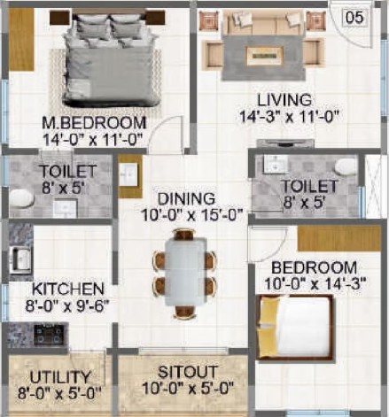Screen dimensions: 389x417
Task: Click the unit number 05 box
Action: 354,18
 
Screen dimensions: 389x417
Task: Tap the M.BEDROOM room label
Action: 94,123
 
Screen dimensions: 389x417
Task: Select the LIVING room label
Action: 284,100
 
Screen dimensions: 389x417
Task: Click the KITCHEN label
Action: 68,289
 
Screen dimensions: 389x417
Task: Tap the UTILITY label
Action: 60,377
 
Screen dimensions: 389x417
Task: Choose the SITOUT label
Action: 188,372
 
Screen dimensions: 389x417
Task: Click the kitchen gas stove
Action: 50,335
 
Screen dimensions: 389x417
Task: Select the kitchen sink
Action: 20,259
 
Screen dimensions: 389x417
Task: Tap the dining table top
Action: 185,272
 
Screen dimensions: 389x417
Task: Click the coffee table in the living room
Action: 265,56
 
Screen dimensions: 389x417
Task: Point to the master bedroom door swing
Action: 167,134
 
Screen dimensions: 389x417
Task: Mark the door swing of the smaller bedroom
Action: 268,243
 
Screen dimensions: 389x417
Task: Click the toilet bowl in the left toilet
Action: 20,198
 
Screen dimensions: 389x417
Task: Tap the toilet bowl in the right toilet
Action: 346,166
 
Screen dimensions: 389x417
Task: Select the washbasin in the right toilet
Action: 275,164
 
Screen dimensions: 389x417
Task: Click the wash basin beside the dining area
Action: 128,175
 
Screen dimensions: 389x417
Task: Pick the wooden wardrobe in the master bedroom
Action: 21,39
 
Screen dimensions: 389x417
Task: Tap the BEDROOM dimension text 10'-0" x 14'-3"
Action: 315,284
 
